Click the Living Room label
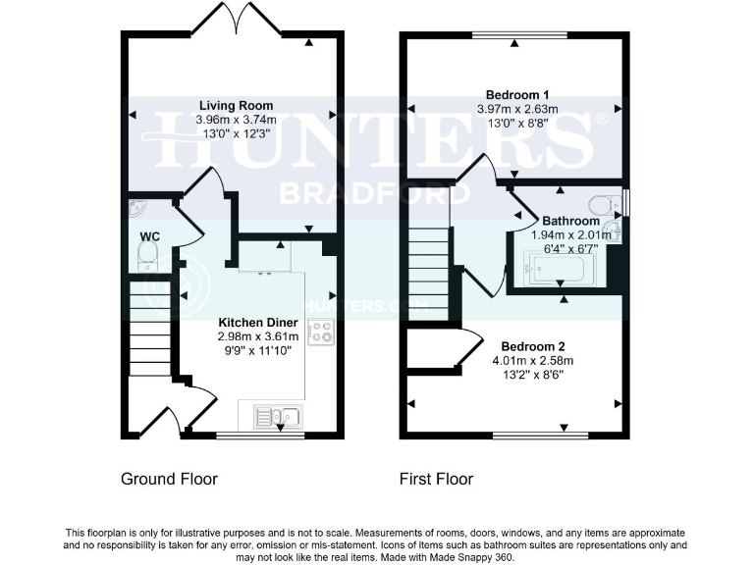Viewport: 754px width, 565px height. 236,105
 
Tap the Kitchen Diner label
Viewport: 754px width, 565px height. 255,322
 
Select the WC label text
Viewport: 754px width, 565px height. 149,236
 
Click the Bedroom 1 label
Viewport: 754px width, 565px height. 516,94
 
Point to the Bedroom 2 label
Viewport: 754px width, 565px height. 532,346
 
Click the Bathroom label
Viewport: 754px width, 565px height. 565,221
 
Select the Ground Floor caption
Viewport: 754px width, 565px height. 169,480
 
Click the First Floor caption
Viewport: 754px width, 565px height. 436,480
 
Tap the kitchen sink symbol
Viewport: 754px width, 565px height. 277,416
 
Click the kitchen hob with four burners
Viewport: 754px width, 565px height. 321,337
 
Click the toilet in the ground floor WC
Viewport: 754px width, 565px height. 147,257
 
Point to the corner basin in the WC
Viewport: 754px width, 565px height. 135,211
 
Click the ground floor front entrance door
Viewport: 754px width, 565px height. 155,417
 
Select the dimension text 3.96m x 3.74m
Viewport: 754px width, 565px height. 236,119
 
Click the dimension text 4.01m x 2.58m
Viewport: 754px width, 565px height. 532,360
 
